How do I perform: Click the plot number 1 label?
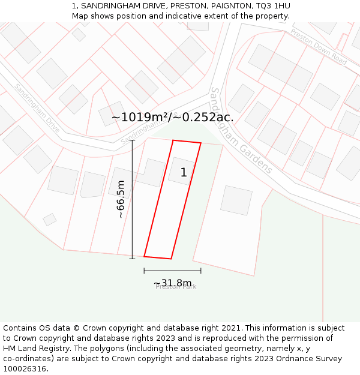pos(184,173)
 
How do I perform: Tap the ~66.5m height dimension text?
pos(121,199)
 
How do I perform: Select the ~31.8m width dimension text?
pos(173,283)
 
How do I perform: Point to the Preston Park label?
pos(176,287)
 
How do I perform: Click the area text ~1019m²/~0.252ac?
pos(173,117)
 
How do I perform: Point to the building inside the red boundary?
pos(181,170)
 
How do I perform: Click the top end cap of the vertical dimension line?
pos(132,140)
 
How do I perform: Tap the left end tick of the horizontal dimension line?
pos(144,271)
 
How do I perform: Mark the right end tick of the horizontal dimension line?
pos(201,271)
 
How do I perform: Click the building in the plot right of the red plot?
pos(236,200)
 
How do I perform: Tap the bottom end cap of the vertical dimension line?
pos(132,259)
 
